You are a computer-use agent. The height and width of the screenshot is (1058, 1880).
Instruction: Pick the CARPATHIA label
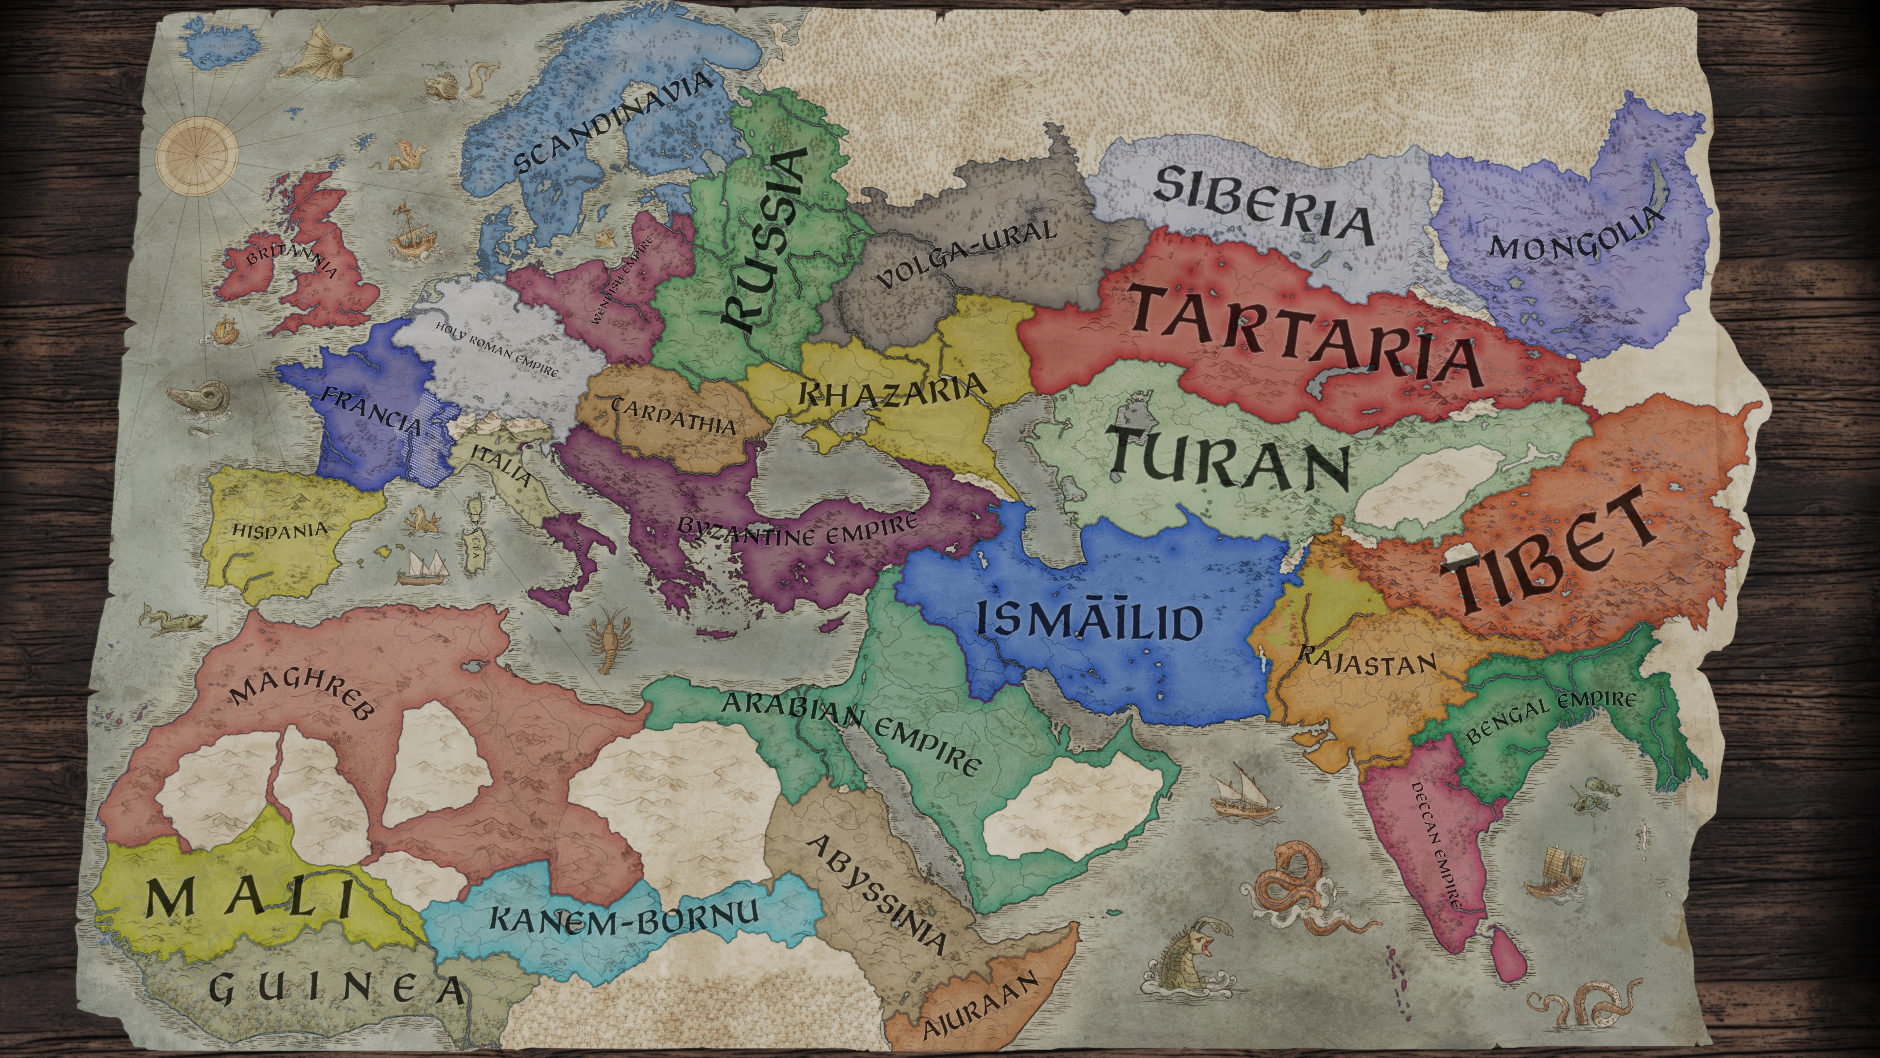click(x=673, y=416)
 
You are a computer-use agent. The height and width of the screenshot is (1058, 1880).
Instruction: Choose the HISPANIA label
click(x=280, y=529)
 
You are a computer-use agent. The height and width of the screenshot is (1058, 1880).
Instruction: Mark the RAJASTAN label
click(x=1366, y=660)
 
